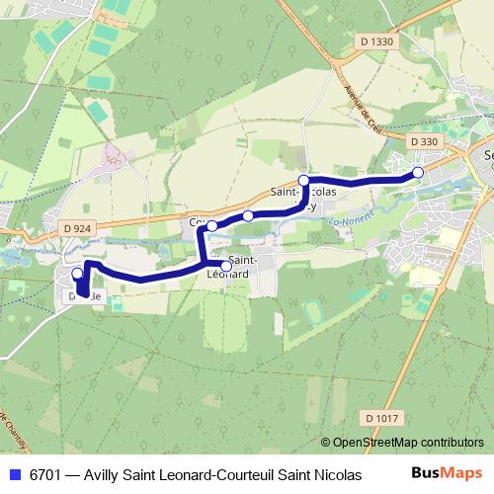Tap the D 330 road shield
tap(422, 142)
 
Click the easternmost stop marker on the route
tap(418, 173)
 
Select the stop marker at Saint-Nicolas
tap(304, 181)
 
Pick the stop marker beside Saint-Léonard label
tap(226, 266)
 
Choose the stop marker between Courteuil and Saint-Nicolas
tap(248, 215)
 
